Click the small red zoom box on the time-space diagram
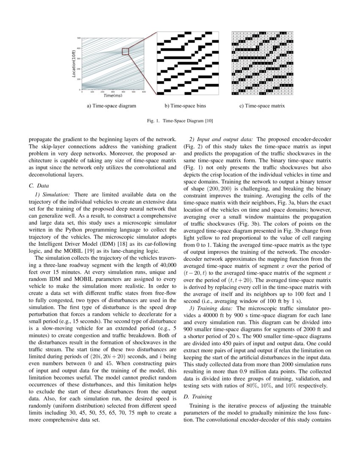(125, 51)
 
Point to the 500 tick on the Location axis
(79, 38)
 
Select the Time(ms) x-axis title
(113, 96)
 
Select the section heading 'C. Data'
(39, 186)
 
